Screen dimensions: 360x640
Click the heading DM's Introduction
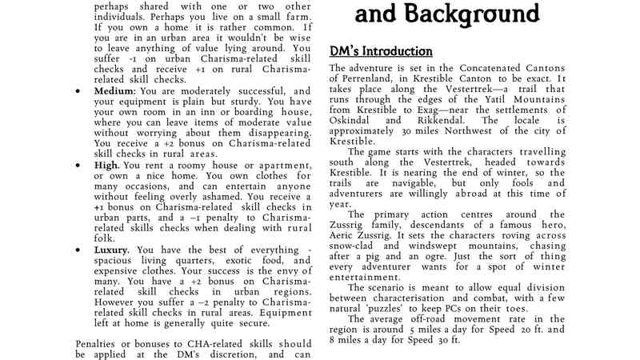(382, 51)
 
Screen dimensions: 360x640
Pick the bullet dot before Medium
(77, 91)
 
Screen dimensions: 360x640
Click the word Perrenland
(364, 81)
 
